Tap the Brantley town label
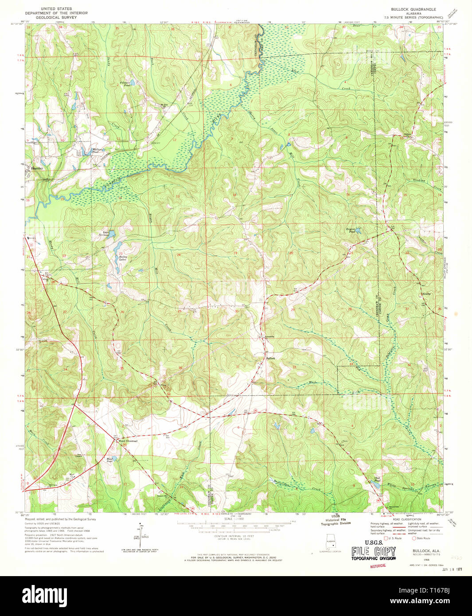[38, 168]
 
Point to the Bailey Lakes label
[123, 258]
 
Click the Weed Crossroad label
[128, 441]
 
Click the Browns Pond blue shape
[358, 231]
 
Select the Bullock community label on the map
[271, 358]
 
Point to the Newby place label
[427, 293]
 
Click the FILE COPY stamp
[373, 551]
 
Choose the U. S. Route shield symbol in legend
[386, 538]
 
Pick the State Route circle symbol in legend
[414, 538]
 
